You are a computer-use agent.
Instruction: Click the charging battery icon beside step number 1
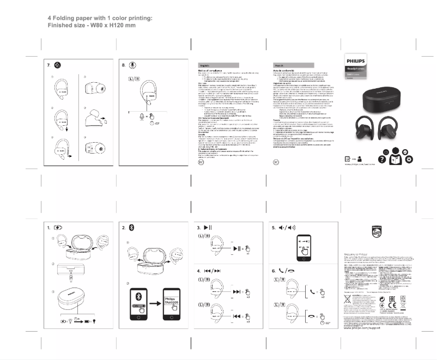point(61,228)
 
